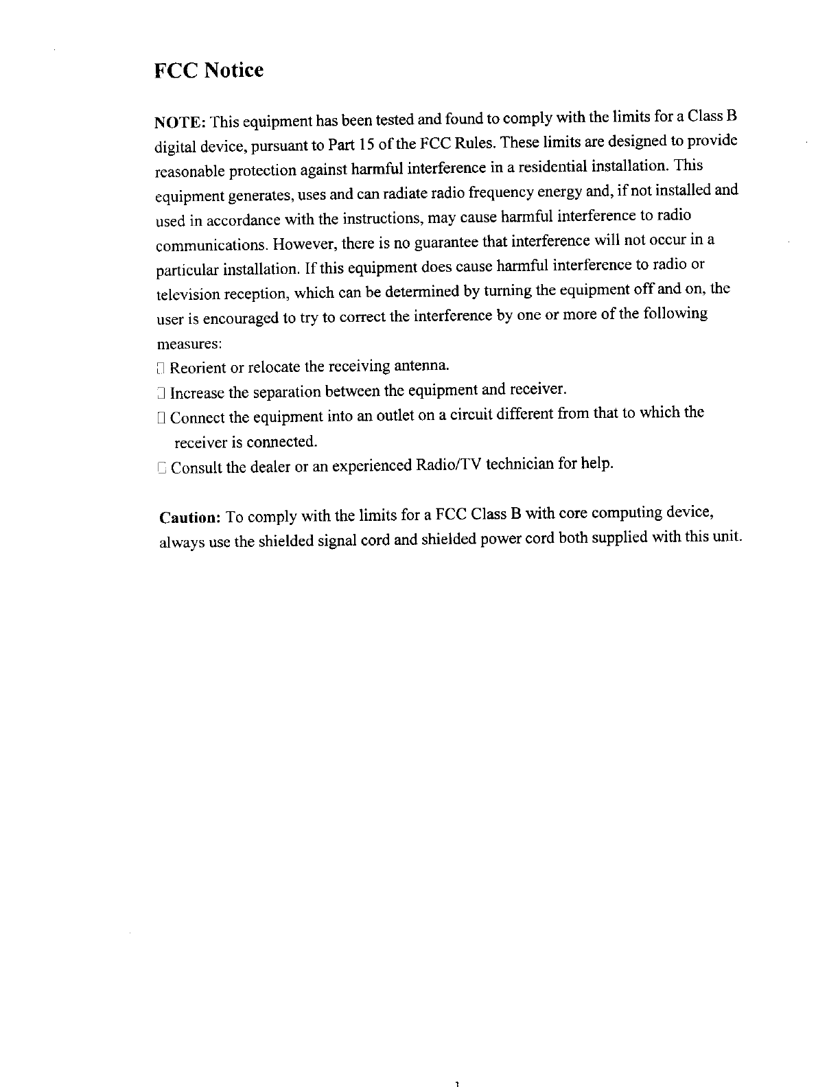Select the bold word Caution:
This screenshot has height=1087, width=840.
point(189,516)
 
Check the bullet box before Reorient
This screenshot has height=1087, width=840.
point(160,369)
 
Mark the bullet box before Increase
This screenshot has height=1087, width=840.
point(160,393)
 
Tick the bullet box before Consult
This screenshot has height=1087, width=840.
point(161,468)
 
